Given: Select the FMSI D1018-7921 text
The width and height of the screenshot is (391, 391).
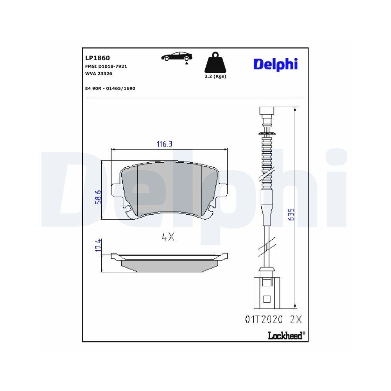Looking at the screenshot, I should [106, 66].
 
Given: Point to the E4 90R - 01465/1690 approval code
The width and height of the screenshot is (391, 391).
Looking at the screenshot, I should [110, 88].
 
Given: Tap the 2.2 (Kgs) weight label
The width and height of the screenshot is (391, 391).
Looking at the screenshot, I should [215, 76].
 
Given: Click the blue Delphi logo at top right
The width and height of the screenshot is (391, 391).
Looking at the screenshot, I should [275, 64].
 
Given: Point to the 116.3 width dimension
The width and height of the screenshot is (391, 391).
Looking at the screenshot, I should [165, 144].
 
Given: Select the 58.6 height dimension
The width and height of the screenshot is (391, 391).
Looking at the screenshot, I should [98, 197].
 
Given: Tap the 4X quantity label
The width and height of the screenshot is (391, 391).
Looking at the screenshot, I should [168, 237].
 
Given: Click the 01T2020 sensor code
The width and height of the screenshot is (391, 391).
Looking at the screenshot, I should [264, 319].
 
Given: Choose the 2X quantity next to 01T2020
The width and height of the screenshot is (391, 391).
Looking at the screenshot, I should [296, 319].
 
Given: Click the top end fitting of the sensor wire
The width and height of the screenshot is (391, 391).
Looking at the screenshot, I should [267, 112].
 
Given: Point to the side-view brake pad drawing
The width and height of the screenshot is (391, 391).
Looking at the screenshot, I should [169, 262].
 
